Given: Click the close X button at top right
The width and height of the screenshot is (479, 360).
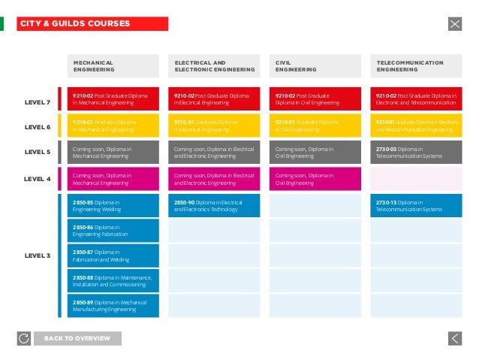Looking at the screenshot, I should click(x=454, y=24).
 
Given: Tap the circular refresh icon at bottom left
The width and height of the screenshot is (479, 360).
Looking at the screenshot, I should click(x=23, y=338).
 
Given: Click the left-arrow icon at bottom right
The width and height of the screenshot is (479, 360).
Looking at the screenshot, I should click(x=454, y=338).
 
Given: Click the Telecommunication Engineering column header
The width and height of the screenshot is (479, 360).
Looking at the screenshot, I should click(x=417, y=66).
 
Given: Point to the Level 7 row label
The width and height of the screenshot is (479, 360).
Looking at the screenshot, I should click(x=38, y=102).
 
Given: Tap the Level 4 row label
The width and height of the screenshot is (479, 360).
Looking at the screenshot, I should click(x=38, y=179).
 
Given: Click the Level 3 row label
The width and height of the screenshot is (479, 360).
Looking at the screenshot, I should click(x=38, y=256).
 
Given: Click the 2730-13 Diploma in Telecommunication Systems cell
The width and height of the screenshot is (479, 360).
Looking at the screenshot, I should click(x=417, y=206).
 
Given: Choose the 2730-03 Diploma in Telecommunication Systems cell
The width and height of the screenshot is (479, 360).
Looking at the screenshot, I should click(x=417, y=153).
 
